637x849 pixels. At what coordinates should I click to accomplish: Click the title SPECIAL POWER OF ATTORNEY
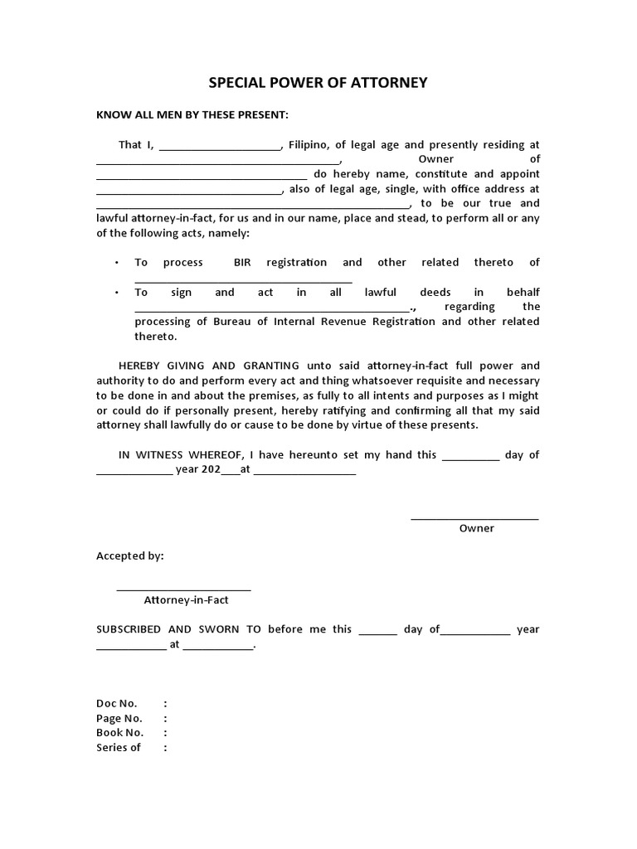click(x=318, y=83)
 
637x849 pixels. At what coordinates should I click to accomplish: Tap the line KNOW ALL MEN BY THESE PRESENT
click(x=192, y=114)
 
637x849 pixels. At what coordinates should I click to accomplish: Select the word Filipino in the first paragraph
click(x=308, y=144)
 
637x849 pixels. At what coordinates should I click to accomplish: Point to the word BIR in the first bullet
click(x=242, y=262)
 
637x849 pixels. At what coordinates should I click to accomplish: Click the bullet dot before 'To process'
click(x=116, y=263)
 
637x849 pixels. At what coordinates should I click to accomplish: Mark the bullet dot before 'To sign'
click(x=116, y=293)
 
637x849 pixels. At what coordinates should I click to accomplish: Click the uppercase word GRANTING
click(x=277, y=366)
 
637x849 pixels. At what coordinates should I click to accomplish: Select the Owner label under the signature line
click(x=476, y=528)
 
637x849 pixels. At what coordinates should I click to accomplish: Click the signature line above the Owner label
click(x=474, y=519)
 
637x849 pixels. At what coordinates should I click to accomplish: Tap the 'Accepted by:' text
click(x=130, y=556)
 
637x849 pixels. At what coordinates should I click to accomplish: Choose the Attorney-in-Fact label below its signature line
click(x=186, y=599)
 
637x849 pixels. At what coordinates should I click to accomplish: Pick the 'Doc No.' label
click(x=117, y=703)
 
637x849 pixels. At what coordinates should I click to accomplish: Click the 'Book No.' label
click(x=120, y=733)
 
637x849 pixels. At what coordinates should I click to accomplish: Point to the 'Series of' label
click(x=119, y=748)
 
